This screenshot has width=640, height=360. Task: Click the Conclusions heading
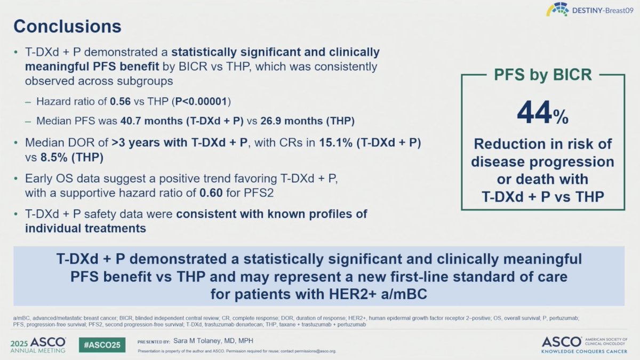(67, 26)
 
